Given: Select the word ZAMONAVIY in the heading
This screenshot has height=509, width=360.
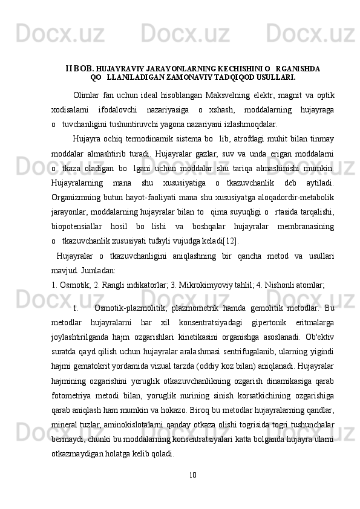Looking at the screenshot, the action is click(198, 77).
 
